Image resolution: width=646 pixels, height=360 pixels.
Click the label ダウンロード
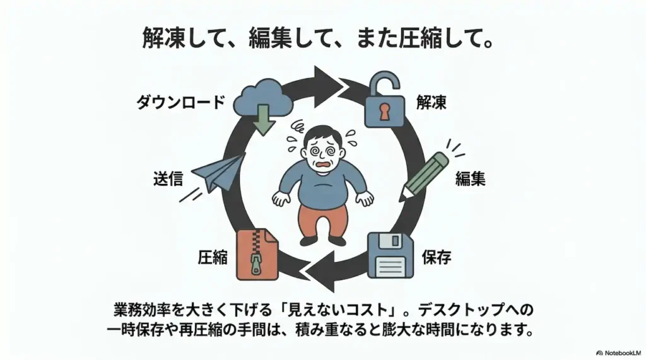point(181,102)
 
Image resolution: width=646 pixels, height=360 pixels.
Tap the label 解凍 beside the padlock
point(432,102)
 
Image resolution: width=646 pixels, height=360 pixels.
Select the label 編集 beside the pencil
point(470,179)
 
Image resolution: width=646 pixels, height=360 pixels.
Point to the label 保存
point(437,257)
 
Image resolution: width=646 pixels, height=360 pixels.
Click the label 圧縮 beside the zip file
point(213,257)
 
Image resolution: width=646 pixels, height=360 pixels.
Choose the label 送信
point(168,179)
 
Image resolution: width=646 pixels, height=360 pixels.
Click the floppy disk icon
point(391,255)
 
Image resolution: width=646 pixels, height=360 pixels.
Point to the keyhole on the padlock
point(384,110)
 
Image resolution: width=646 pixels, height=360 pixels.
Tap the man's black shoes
point(323,240)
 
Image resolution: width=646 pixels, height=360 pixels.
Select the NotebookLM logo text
point(620,353)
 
